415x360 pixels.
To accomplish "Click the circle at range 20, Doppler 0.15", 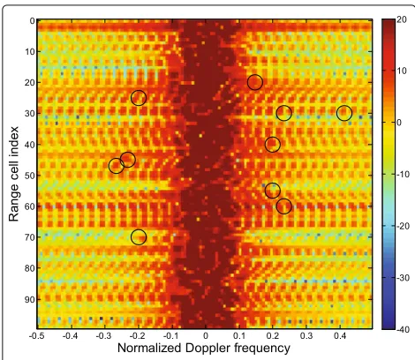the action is tap(255, 75).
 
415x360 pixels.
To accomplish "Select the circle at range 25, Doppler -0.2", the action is tap(139, 91).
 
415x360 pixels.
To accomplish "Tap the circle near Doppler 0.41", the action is tap(344, 106).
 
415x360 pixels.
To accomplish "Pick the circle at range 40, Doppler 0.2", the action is tap(273, 137).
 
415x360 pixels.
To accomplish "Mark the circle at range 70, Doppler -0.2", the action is tap(139, 229).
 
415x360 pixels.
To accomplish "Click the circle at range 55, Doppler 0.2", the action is tap(273, 184).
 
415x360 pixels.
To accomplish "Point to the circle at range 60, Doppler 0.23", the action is tap(284, 199).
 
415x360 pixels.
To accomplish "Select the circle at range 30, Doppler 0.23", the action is tap(284, 106).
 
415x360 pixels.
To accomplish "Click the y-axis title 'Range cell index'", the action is tap(13, 174).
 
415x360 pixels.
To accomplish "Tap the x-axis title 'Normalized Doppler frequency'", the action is tap(204, 348).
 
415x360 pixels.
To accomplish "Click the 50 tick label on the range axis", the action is tap(29, 176).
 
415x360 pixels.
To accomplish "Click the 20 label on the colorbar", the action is tap(402, 20).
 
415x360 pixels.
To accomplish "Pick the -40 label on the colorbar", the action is tap(403, 329).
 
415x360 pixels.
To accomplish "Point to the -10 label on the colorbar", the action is tap(403, 175).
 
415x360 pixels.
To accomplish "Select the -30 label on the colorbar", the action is tap(403, 278).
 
